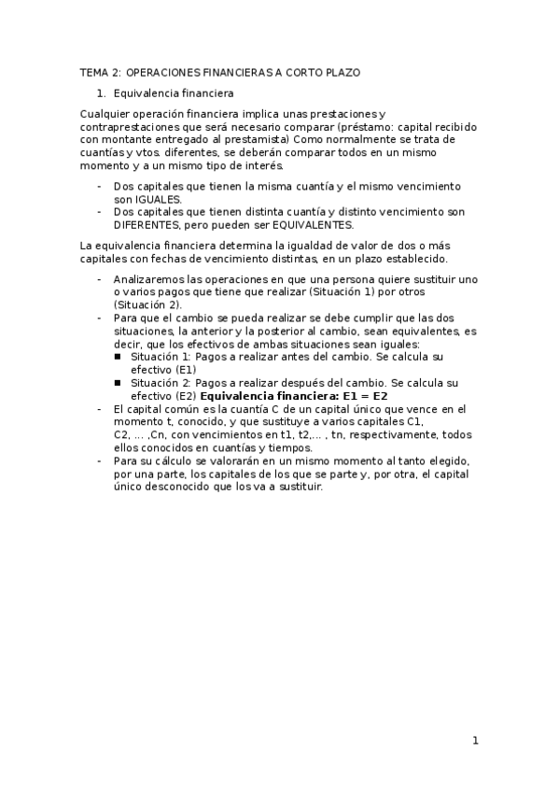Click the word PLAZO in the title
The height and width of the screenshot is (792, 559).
point(339,72)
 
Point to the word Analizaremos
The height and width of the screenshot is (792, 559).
point(150,279)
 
